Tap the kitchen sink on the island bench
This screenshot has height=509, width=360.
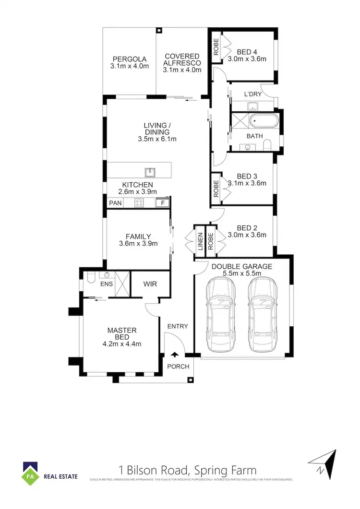coord(150,171)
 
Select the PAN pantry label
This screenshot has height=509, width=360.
coord(115,203)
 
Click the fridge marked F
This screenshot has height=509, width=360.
coord(162,203)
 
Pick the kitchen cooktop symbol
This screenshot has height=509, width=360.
coord(140,203)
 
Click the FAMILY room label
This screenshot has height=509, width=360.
coord(138,237)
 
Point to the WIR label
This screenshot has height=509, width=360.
coord(150,284)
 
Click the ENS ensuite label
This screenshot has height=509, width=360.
coord(107,284)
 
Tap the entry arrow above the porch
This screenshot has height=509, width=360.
coord(174,355)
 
